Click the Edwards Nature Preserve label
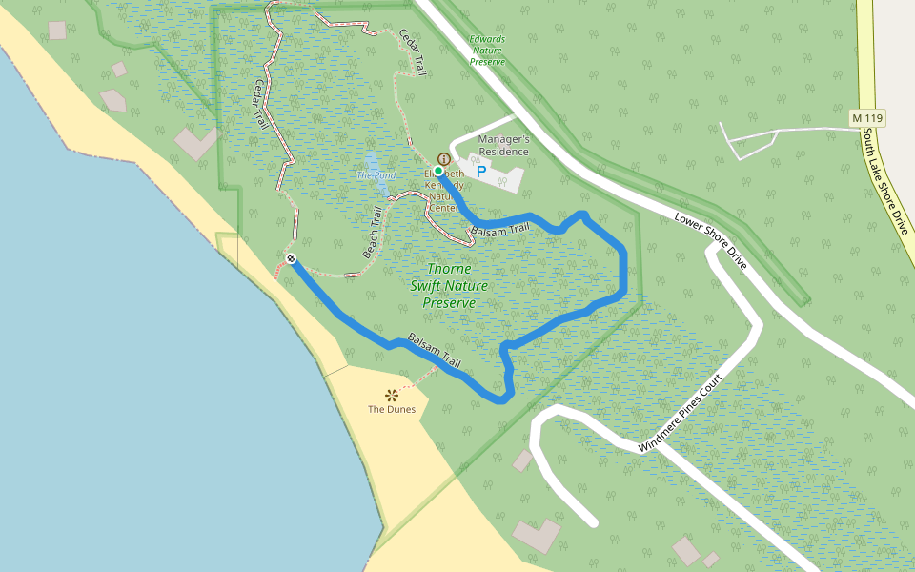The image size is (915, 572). [x=487, y=51]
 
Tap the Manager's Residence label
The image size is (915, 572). [x=503, y=145]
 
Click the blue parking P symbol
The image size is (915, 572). [x=481, y=173]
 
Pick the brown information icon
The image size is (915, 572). [x=443, y=159]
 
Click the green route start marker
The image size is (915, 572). [x=438, y=171]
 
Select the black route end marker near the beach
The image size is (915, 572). [x=291, y=259]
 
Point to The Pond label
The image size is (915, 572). [x=376, y=175]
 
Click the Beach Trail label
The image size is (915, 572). [x=373, y=233]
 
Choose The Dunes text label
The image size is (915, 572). [x=392, y=409]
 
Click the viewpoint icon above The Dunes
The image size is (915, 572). [x=391, y=395]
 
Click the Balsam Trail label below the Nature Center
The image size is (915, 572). [x=499, y=230]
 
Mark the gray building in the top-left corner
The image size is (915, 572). [x=57, y=30]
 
